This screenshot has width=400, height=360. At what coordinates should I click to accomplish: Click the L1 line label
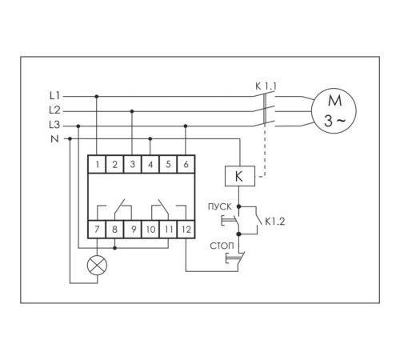(x=54, y=95)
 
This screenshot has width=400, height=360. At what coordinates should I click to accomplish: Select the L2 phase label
(x=54, y=110)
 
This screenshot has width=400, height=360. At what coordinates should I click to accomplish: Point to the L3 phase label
(x=54, y=125)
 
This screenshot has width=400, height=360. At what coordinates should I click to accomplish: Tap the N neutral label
(x=54, y=138)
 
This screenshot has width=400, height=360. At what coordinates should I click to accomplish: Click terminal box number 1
(x=97, y=164)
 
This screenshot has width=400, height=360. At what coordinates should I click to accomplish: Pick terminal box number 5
(x=168, y=164)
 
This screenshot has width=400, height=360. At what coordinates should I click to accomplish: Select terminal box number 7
(x=97, y=229)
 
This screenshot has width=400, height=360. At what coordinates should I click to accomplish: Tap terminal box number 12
(x=186, y=229)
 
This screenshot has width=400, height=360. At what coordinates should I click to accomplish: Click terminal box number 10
(x=150, y=229)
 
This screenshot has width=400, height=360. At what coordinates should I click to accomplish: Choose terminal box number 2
(x=114, y=164)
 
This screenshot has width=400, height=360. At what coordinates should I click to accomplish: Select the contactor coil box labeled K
(x=240, y=176)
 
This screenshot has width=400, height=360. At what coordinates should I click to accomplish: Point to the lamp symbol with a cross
(x=97, y=266)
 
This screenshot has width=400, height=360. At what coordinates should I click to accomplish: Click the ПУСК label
(x=220, y=206)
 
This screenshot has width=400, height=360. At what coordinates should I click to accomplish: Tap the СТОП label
(x=222, y=246)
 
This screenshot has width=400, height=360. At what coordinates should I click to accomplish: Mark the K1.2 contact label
(x=275, y=222)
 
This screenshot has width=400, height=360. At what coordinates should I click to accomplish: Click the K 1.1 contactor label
(x=266, y=86)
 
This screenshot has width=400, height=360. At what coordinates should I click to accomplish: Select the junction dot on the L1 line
(x=97, y=96)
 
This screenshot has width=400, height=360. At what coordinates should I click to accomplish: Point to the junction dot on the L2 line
(x=132, y=111)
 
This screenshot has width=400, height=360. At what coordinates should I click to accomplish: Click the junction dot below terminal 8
(x=115, y=248)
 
